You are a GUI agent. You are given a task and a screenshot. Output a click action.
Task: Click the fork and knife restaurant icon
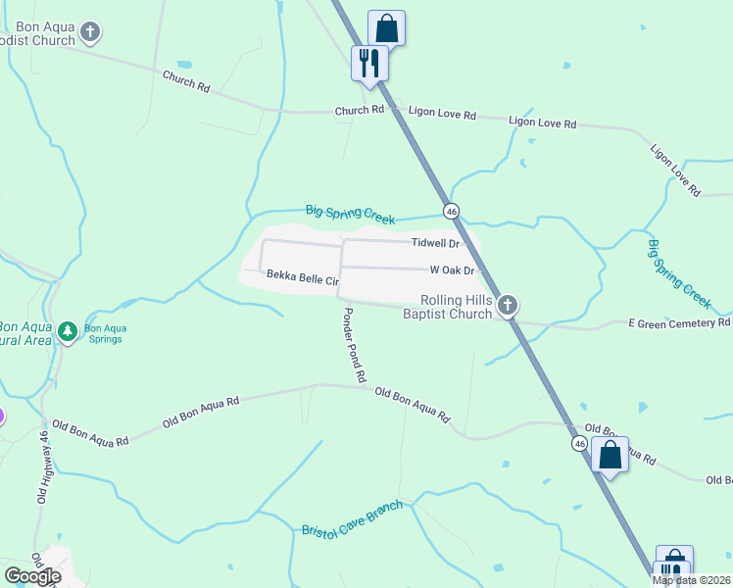(369, 63)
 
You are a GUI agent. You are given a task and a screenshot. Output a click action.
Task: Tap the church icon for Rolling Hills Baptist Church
(508, 305)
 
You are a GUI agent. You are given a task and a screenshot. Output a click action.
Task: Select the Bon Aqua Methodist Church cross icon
(90, 33)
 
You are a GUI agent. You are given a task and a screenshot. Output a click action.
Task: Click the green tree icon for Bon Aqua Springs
(67, 332)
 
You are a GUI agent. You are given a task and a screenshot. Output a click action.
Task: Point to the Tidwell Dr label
(435, 242)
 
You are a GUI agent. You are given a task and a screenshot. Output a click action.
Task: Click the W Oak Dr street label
(452, 269)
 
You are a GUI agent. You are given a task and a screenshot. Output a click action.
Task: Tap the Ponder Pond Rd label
(354, 345)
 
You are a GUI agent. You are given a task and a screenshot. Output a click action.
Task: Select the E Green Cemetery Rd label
(678, 321)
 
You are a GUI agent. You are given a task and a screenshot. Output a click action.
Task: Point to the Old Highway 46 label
(43, 466)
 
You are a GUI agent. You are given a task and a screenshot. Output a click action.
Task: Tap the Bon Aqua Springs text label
(103, 333)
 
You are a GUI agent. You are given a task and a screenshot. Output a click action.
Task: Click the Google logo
(32, 576)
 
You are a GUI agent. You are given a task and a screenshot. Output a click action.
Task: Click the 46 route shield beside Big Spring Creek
(451, 211)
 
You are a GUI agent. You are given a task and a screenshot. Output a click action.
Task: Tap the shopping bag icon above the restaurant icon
(387, 27)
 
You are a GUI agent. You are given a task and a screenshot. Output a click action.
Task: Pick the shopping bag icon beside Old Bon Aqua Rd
(610, 455)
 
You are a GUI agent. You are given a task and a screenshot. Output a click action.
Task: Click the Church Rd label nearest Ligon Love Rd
(359, 111)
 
